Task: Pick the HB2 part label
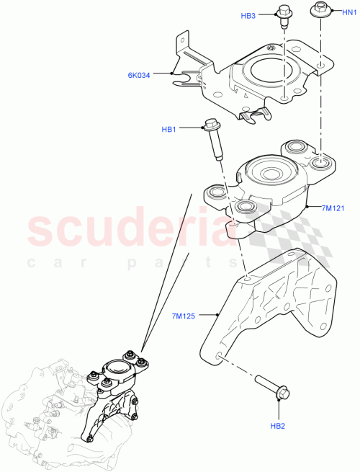pyautogui.click(x=278, y=426)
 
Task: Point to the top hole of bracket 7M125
pyautogui.click(x=247, y=277)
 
